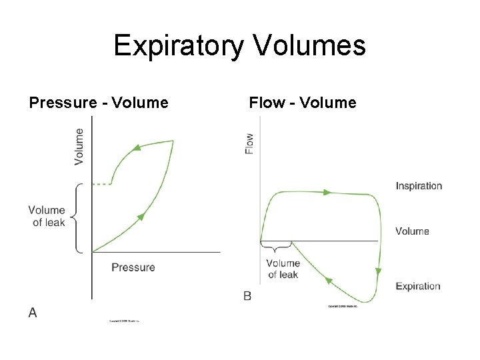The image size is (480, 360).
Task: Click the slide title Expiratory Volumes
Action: pyautogui.click(x=239, y=47)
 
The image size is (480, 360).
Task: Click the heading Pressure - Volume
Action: pyautogui.click(x=99, y=103)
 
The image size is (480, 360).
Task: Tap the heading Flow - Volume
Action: pyautogui.click(x=303, y=103)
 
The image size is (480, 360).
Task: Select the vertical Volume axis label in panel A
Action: pyautogui.click(x=79, y=146)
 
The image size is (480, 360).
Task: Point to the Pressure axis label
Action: pyautogui.click(x=133, y=267)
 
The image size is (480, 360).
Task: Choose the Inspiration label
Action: pyautogui.click(x=419, y=186)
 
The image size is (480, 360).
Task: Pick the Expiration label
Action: pyautogui.click(x=418, y=287)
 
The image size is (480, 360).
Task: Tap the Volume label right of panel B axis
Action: pyautogui.click(x=412, y=231)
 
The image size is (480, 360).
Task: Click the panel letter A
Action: pyautogui.click(x=33, y=313)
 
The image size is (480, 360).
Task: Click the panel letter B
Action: pyautogui.click(x=247, y=295)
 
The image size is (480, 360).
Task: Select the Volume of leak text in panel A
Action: pyautogui.click(x=47, y=217)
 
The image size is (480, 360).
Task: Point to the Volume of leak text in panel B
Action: pyautogui.click(x=283, y=269)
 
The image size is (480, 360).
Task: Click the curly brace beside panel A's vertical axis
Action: pyautogui.click(x=75, y=217)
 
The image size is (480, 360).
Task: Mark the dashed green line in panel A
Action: pyautogui.click(x=101, y=184)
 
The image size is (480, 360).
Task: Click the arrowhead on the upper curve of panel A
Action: pyautogui.click(x=136, y=148)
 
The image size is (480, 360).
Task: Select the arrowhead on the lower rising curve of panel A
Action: pyautogui.click(x=141, y=217)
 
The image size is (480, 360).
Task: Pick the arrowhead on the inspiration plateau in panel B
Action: pyautogui.click(x=327, y=192)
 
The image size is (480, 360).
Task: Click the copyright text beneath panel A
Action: pyautogui.click(x=129, y=321)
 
